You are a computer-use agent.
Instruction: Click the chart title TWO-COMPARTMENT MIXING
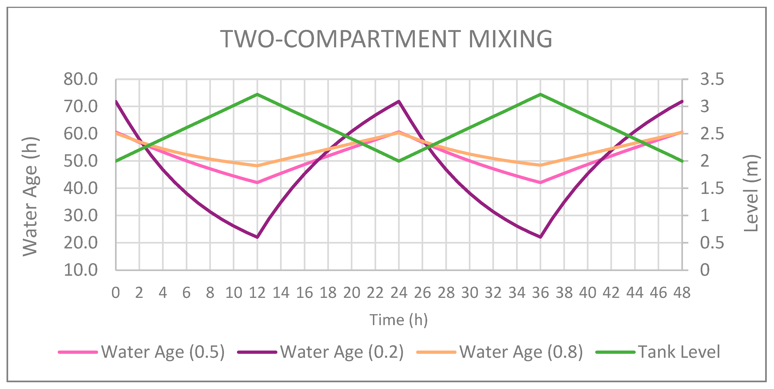pos(386,39)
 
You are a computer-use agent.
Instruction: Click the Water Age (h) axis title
pos(30,196)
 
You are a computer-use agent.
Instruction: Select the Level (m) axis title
pos(751,193)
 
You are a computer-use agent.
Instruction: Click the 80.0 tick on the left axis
pos(81,79)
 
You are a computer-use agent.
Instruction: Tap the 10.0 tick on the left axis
pos(81,270)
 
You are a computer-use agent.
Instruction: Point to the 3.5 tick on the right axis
pos(712,79)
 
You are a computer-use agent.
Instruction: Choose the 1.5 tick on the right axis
pos(712,188)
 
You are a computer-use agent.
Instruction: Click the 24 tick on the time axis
pos(399,293)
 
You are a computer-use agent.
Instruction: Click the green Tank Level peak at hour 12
pos(257,94)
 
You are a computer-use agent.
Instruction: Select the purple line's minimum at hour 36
pos(541,237)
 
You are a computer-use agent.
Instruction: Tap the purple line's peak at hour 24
pos(399,101)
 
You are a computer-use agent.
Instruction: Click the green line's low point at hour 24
pos(399,161)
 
